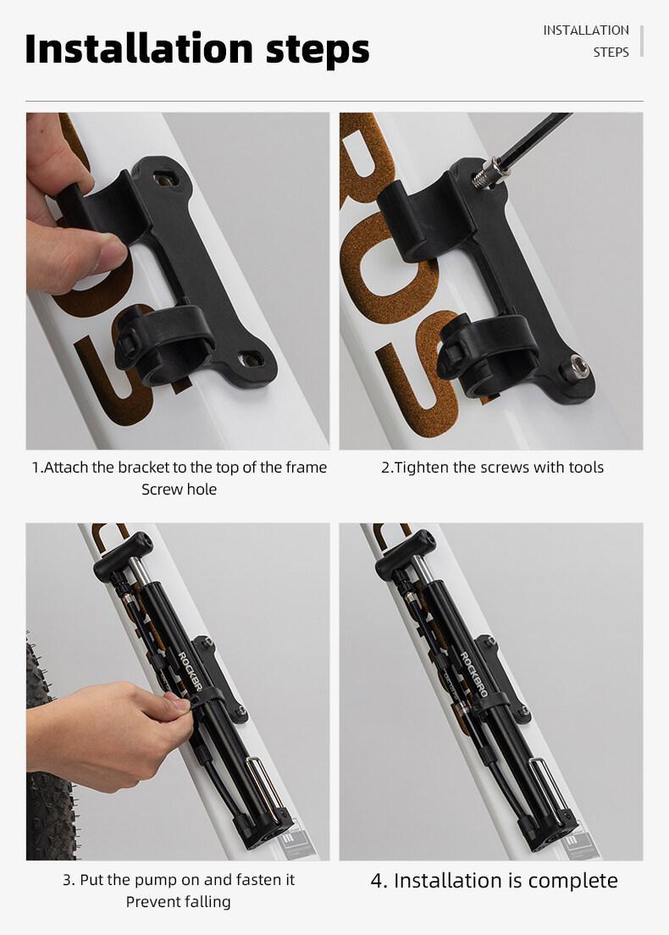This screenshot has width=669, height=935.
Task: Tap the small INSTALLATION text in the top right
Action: [586, 30]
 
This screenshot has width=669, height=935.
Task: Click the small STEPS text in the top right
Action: [611, 53]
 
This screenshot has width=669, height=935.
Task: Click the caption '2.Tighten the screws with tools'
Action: [492, 467]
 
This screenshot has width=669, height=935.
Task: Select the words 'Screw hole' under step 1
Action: [179, 490]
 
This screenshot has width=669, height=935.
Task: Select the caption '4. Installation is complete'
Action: [494, 881]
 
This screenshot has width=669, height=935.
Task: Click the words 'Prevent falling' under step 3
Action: [178, 902]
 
